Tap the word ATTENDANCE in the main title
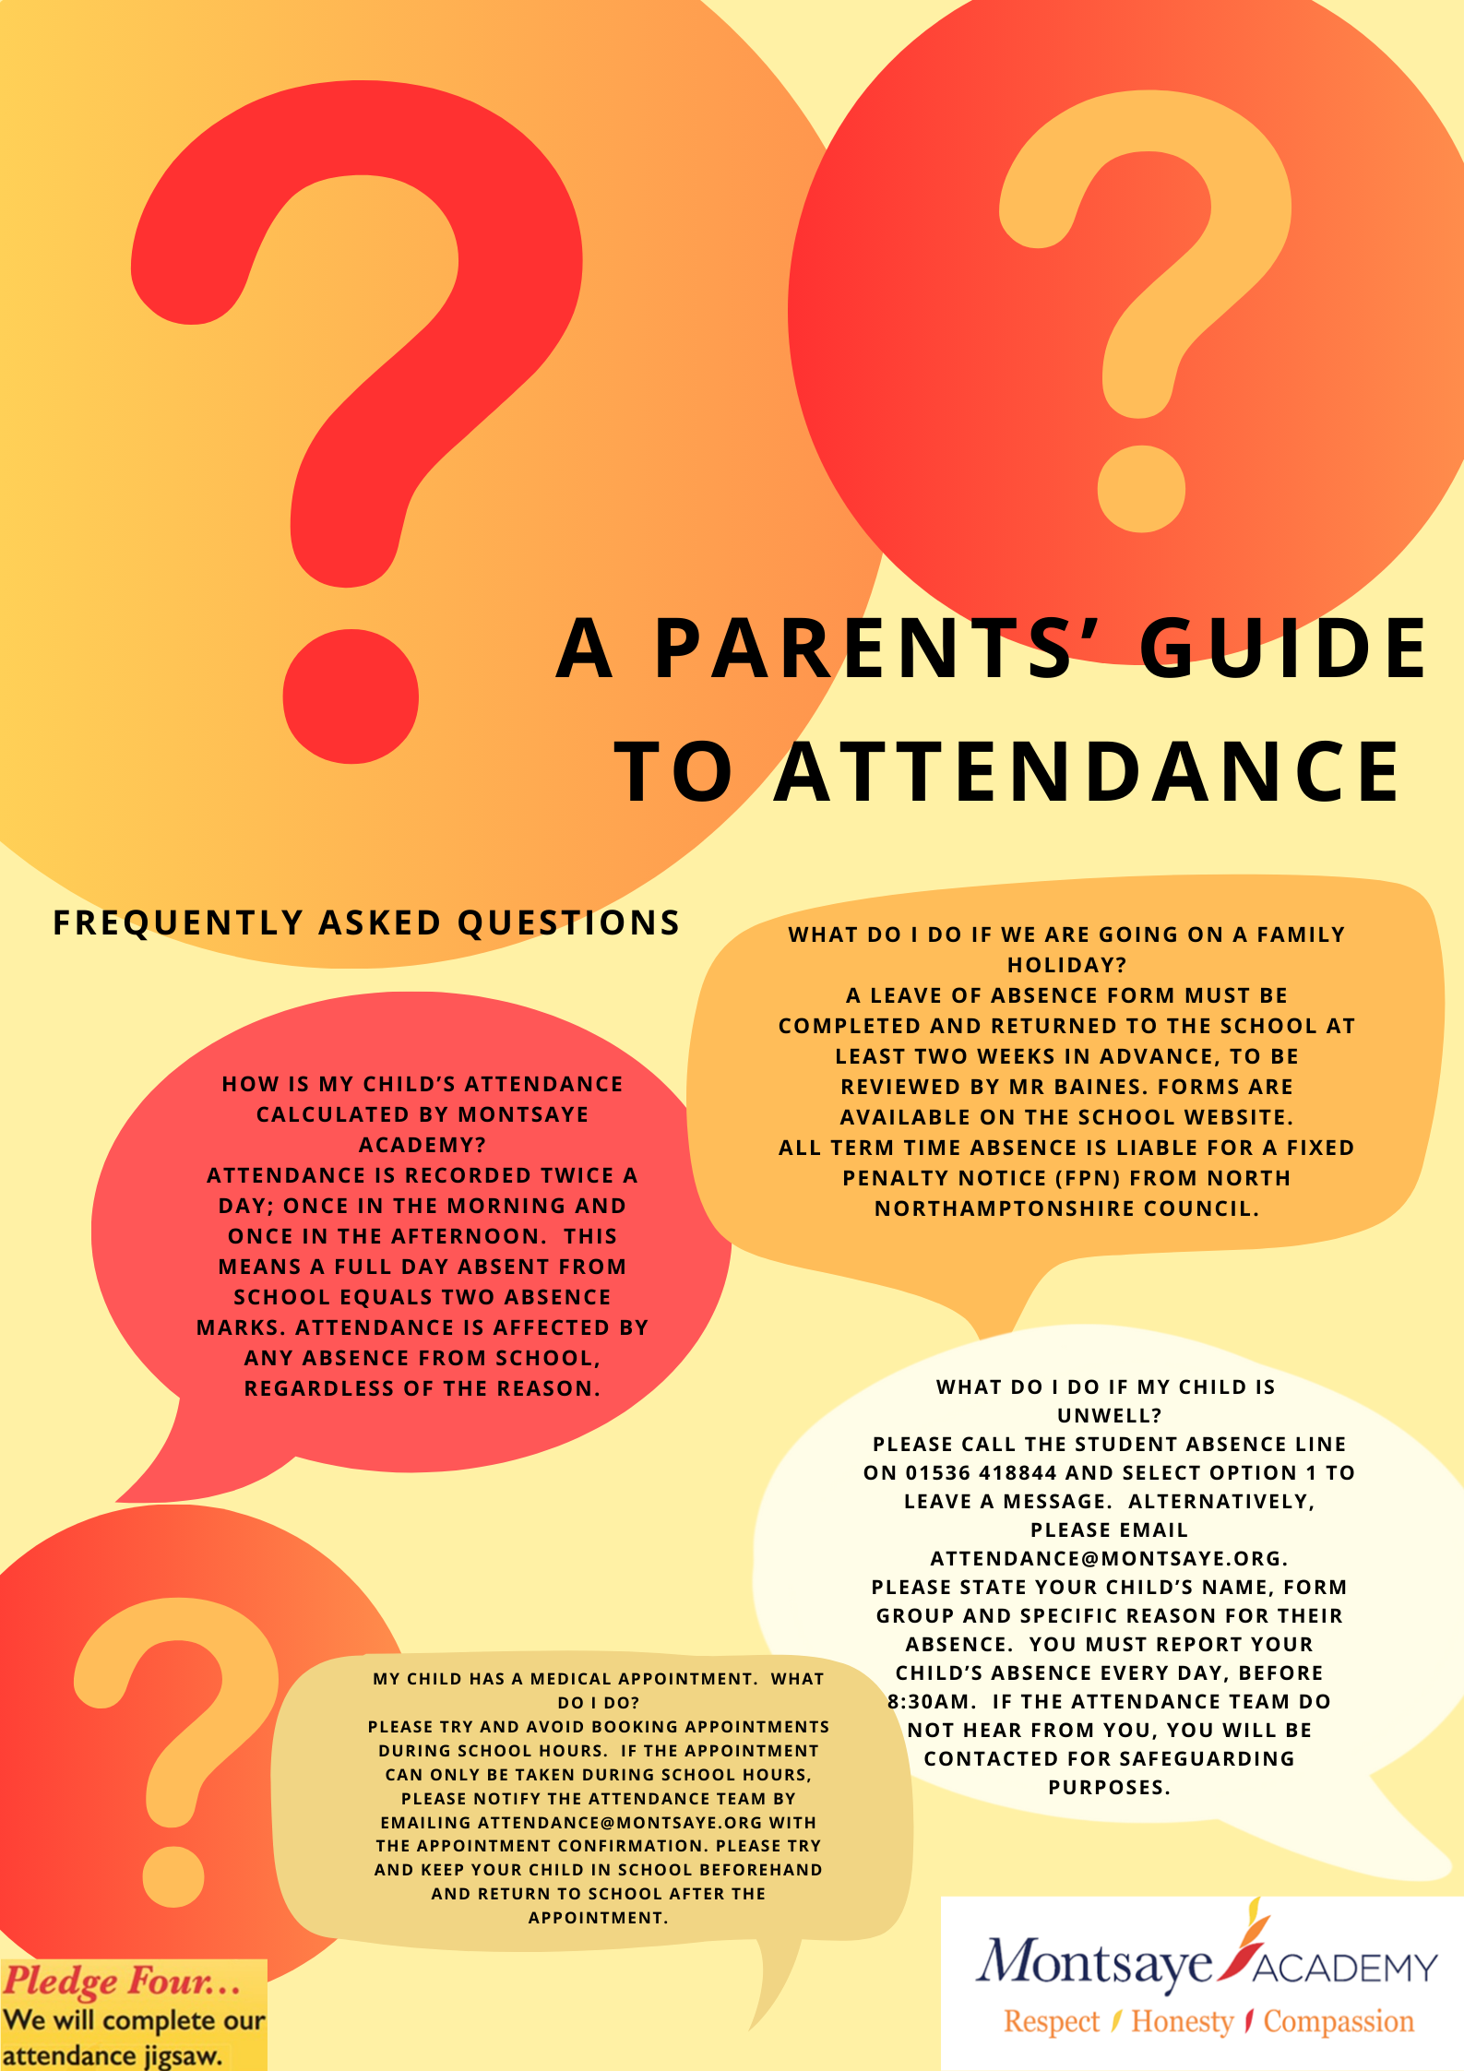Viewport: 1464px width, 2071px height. pos(1089,772)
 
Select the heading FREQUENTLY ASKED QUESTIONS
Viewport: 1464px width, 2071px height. pos(366,922)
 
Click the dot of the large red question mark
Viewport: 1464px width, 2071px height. pos(351,696)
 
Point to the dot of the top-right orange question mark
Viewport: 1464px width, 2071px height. pos(1141,490)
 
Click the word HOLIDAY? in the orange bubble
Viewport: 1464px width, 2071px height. pos(1066,965)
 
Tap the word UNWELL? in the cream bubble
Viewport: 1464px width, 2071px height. pos(1109,1416)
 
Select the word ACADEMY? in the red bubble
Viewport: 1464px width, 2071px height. pos(422,1145)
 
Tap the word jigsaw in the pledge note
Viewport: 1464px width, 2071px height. pos(183,2055)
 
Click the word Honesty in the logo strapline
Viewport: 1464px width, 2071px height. pos(1182,2021)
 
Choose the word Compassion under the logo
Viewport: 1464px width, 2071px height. pos(1339,2021)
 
